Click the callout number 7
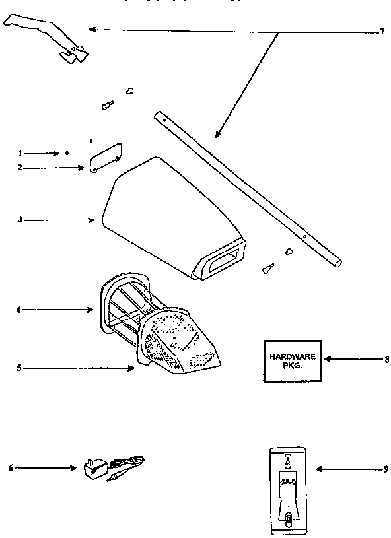coord(381,31)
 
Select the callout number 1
coord(20,153)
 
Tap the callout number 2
coord(20,168)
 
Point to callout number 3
coord(20,219)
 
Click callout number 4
coord(20,308)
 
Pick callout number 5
coord(20,368)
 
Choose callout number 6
coord(11,469)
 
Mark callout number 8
coord(386,360)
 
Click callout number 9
coord(386,469)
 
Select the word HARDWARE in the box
coord(293,356)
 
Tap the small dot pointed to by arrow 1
coord(67,152)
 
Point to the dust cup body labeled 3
coord(159,211)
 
